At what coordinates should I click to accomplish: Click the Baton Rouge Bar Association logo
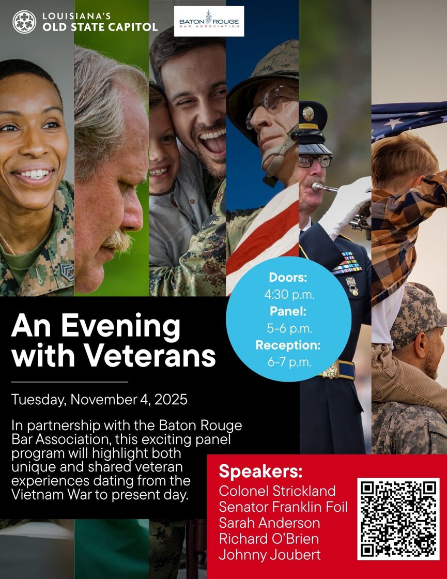(209, 21)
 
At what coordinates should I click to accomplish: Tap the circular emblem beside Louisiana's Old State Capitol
(24, 22)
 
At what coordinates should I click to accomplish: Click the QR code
(398, 519)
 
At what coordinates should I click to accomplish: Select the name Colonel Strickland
(277, 491)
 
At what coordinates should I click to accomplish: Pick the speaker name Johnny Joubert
(269, 555)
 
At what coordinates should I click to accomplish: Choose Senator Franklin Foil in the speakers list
(283, 507)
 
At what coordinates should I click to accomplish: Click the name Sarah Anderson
(269, 523)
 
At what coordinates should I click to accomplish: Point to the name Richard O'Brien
(269, 538)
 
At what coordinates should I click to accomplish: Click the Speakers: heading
(260, 471)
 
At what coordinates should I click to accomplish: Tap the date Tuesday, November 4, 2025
(99, 400)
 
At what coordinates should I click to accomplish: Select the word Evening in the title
(121, 326)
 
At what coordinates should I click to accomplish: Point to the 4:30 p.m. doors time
(289, 295)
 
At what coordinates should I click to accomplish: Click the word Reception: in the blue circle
(288, 345)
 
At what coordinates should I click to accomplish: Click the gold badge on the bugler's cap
(308, 114)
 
